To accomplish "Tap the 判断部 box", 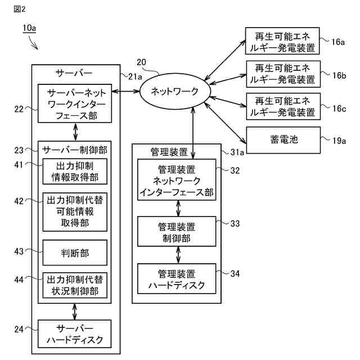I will click(x=74, y=253).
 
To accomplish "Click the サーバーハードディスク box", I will click(x=74, y=334).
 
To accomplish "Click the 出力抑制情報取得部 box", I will click(x=74, y=171).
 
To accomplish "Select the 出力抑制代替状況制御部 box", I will click(x=74, y=285).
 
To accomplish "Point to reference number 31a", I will click(x=237, y=152).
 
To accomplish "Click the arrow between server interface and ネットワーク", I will click(x=127, y=90).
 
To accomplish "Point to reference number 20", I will click(x=141, y=62).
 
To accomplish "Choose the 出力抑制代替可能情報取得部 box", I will click(x=74, y=212).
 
